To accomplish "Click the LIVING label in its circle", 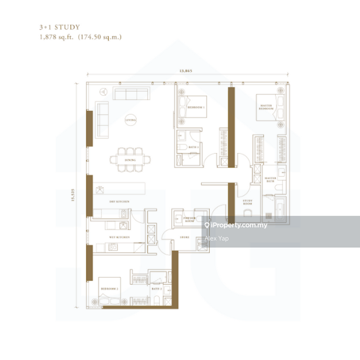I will coord(130,121).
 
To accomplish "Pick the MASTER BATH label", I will coord(270,180).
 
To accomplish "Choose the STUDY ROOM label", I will coord(248,202).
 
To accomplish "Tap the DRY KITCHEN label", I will coord(119,202).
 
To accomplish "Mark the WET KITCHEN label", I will coord(119,237).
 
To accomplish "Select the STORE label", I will coord(185,237).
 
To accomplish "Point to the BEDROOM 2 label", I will coord(109,288).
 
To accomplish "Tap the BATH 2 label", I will coord(157,288).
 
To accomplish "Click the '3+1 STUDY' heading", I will coord(59,28).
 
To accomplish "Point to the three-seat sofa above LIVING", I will coord(130,94).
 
